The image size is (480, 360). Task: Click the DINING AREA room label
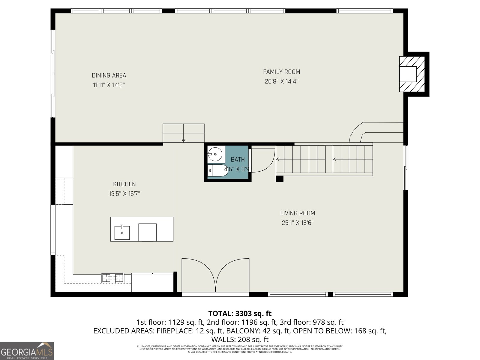click(x=109, y=76)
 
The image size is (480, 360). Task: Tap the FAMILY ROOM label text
click(x=281, y=72)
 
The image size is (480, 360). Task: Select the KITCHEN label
click(x=124, y=184)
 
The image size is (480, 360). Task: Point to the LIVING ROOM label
click(x=298, y=213)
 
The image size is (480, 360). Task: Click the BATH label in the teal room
click(x=238, y=160)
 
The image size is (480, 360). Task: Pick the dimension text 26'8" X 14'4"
click(x=281, y=81)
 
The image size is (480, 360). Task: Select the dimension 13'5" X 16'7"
click(x=124, y=194)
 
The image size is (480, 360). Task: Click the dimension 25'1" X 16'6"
click(x=298, y=223)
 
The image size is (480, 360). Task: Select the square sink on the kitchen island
click(x=122, y=233)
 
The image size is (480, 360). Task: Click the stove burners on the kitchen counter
click(x=113, y=278)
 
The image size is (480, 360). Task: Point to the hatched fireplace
click(x=412, y=74)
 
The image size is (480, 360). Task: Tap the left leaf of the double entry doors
click(x=198, y=274)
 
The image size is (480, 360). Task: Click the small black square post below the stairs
click(x=279, y=179)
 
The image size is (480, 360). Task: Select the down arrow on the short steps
click(x=184, y=141)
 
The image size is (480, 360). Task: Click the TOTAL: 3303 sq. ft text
click(x=240, y=313)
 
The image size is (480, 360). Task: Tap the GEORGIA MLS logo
click(x=27, y=351)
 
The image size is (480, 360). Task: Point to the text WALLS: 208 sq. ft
click(x=240, y=340)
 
